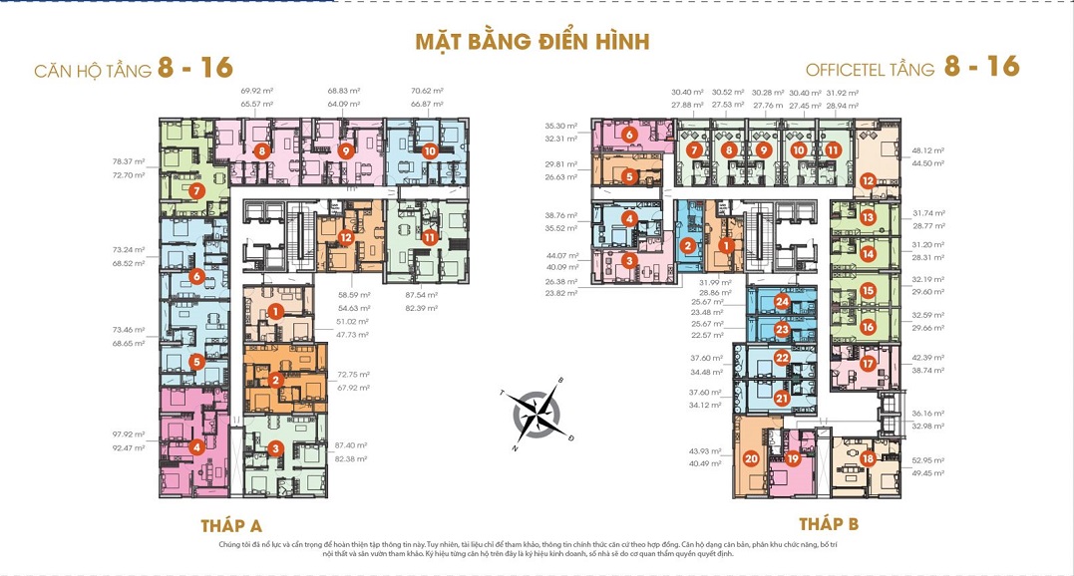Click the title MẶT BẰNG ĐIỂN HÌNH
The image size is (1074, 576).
(532, 41)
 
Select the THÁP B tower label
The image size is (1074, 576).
(828, 523)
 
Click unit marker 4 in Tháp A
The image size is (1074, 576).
(197, 447)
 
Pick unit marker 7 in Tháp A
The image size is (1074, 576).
(197, 189)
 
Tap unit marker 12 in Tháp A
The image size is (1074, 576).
(345, 237)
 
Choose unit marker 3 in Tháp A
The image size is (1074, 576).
(274, 448)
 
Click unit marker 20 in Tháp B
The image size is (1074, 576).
(751, 459)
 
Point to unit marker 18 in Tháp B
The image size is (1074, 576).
(869, 458)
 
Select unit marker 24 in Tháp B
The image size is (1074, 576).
(782, 302)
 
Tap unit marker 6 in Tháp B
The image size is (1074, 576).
(629, 134)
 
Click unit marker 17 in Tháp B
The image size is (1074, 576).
(868, 364)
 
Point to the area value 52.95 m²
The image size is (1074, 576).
(926, 460)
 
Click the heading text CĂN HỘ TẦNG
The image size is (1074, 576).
(93, 71)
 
